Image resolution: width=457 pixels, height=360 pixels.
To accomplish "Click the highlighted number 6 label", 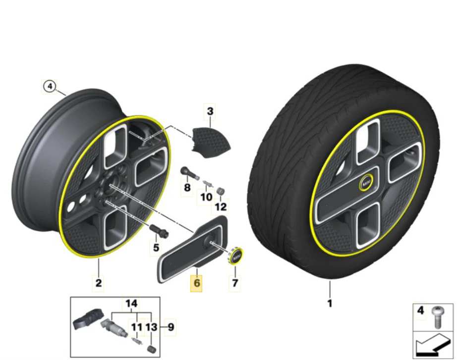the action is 197,283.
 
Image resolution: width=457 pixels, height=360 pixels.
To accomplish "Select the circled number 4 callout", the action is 50,87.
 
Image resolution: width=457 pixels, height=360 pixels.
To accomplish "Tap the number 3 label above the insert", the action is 210,111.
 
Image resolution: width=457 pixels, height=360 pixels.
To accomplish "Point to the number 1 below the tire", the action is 330,304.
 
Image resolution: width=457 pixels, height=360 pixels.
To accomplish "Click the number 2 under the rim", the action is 99,283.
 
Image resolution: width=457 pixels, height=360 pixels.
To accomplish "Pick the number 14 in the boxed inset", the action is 131,304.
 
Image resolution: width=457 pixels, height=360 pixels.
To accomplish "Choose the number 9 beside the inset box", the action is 171,327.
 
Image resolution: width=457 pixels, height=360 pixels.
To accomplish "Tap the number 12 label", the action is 221,207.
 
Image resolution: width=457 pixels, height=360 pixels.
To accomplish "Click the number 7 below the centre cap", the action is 235,283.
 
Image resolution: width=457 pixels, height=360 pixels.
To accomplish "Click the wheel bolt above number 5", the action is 159,231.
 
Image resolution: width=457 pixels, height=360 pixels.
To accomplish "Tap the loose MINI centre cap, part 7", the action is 236,256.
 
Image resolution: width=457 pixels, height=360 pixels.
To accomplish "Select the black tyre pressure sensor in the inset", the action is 88,319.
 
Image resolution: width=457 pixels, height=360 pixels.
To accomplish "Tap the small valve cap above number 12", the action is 221,191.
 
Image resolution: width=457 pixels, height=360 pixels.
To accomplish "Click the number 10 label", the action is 206,197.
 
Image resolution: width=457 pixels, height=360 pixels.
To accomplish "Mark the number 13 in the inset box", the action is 151,327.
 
